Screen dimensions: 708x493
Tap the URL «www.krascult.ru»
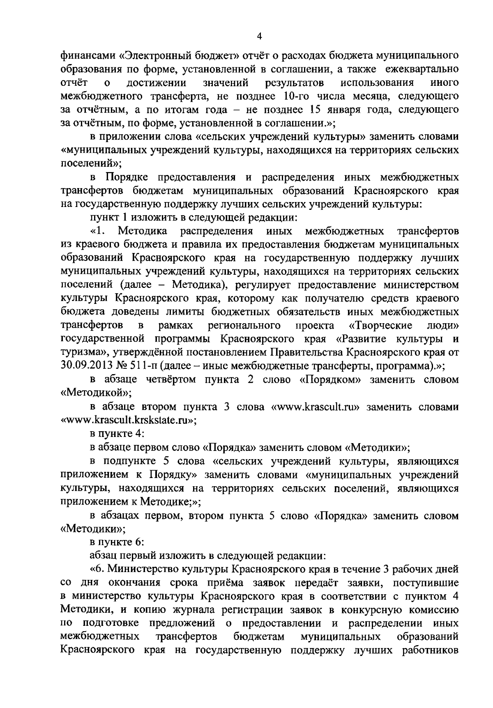click(x=316, y=407)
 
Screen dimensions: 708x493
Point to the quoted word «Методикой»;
click(x=96, y=393)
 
